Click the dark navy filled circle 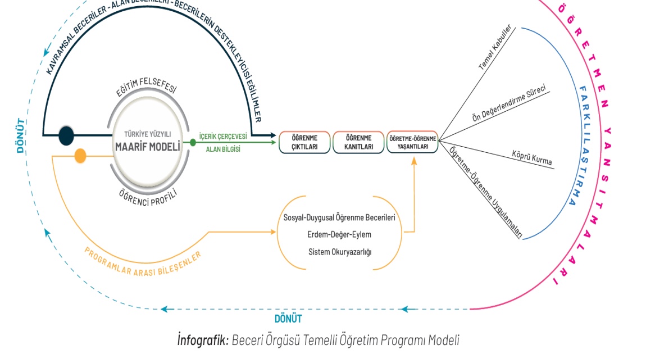(66, 135)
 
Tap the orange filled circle (80, 156)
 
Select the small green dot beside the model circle (193, 142)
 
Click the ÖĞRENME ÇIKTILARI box (304, 142)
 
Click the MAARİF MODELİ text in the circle (147, 147)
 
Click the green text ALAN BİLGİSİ (223, 149)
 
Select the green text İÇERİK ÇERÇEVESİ (223, 136)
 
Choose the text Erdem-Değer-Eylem (339, 234)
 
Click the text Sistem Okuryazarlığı (340, 251)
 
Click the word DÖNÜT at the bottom (288, 319)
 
